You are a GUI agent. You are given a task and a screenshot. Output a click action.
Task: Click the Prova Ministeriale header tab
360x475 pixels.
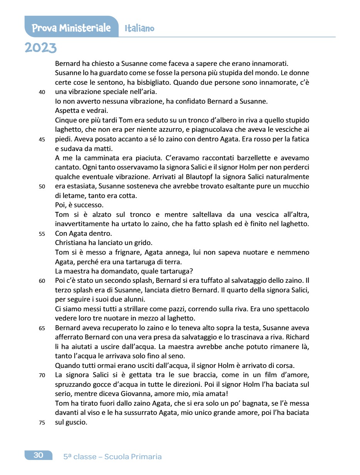tap(71, 28)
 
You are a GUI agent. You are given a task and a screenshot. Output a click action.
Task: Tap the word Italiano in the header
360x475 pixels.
tap(139, 29)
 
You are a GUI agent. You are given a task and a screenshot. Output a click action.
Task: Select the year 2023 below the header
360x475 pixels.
tap(40, 48)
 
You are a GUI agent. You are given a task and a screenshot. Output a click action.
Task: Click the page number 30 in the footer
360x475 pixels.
tap(39, 455)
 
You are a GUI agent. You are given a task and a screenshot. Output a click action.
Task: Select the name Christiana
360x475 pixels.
tap(72, 243)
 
